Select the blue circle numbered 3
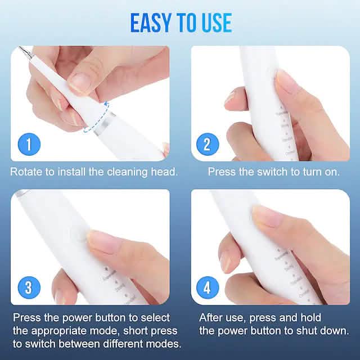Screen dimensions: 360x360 pyautogui.click(x=29, y=287)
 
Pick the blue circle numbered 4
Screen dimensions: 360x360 pyautogui.click(x=207, y=287)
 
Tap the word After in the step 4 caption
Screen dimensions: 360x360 pyautogui.click(x=213, y=317)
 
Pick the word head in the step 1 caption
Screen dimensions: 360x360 pyautogui.click(x=166, y=172)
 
